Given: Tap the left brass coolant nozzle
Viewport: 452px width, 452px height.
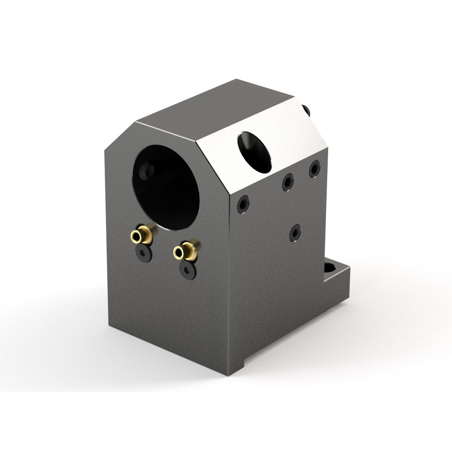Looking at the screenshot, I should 141,235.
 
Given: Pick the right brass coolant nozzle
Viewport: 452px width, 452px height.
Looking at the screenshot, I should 184,251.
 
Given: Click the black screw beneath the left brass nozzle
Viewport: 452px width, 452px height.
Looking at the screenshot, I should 144,253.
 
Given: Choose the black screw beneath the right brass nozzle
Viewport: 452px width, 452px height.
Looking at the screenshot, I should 187,270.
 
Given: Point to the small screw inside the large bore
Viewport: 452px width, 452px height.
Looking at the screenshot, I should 147,170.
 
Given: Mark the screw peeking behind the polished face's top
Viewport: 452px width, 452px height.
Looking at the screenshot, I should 306,110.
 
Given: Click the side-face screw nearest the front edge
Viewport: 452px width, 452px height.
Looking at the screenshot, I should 243,204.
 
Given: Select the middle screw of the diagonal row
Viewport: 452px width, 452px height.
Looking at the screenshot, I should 287,182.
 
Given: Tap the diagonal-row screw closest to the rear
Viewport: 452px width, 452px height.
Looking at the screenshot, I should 315,169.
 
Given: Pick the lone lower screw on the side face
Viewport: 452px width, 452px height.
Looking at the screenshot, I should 295,232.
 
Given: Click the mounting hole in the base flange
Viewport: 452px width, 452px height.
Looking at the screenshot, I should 330,268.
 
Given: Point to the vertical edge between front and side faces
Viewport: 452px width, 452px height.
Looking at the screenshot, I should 229,280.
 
